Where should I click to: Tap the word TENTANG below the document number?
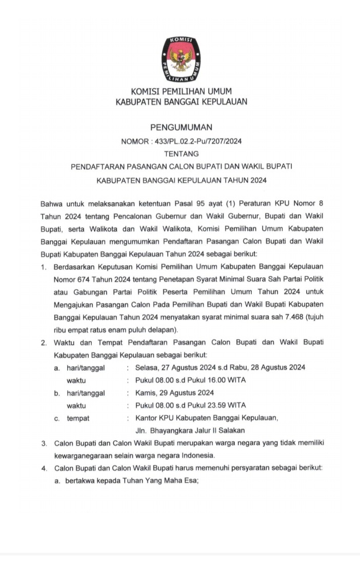tap(181, 153)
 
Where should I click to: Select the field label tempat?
tap(78, 418)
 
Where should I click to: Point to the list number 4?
tap(45, 469)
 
